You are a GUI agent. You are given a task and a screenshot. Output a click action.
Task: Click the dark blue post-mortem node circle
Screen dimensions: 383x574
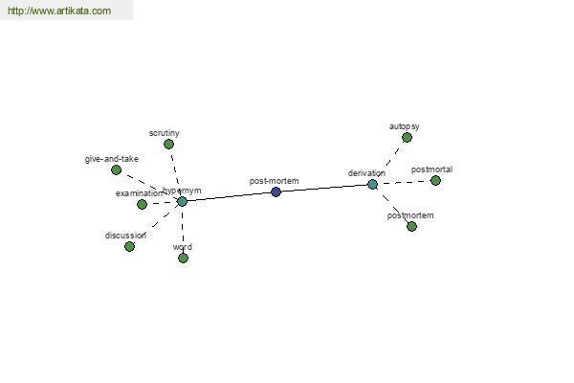click(276, 191)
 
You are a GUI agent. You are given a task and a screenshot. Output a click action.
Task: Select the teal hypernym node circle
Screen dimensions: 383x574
click(182, 201)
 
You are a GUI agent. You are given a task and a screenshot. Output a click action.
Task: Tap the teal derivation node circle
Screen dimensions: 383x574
click(372, 184)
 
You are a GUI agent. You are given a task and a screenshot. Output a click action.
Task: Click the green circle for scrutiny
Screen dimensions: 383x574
click(168, 144)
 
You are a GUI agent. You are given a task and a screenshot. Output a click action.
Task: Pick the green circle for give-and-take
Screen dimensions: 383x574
click(116, 169)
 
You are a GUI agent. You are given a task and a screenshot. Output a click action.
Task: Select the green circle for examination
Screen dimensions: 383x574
click(142, 204)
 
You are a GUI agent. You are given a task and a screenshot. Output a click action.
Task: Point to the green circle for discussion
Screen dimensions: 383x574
click(129, 246)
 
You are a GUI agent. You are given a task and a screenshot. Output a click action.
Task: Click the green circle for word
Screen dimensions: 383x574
click(183, 258)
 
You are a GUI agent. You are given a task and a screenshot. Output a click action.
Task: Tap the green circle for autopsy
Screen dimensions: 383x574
click(407, 137)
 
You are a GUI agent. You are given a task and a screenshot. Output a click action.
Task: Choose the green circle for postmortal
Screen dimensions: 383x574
click(435, 180)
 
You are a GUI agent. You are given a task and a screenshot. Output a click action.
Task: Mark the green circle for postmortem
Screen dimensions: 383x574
click(411, 226)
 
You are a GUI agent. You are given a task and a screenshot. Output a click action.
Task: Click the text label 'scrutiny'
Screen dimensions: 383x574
click(164, 132)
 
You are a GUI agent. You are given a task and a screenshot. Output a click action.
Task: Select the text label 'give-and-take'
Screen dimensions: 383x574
click(111, 159)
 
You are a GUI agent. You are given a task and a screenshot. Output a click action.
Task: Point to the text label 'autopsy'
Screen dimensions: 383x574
click(404, 125)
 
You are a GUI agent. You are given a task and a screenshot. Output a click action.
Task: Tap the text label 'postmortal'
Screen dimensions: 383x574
click(431, 169)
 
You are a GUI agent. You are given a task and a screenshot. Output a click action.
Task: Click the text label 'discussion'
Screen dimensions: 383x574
click(125, 235)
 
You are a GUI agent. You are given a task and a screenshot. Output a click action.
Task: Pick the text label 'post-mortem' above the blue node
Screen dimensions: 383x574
click(274, 180)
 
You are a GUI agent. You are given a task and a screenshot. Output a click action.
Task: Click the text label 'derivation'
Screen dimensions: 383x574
click(366, 173)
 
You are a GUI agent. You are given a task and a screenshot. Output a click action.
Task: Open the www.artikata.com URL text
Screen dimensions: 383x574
click(58, 11)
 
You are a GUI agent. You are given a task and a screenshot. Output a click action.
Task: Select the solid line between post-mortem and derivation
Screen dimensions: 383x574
click(325, 188)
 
